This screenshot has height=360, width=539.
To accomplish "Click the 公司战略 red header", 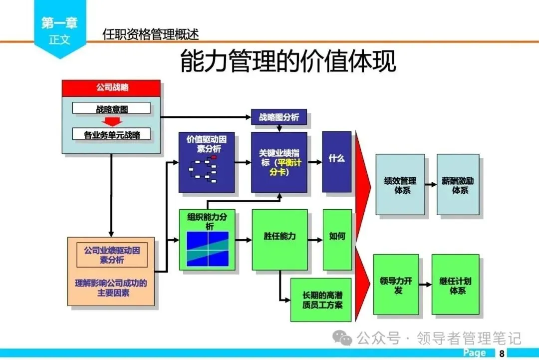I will click(x=111, y=87).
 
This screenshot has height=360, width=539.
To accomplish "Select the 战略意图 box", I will click(x=111, y=108).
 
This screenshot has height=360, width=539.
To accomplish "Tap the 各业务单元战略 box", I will click(x=111, y=134).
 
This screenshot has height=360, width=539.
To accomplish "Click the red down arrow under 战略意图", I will click(x=111, y=121).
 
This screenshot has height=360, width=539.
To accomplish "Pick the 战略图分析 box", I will click(x=279, y=117).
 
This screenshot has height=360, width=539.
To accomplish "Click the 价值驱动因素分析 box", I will click(x=207, y=162).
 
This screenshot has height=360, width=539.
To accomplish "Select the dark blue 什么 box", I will click(x=337, y=161).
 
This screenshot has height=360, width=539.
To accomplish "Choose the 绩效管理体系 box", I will click(x=400, y=185).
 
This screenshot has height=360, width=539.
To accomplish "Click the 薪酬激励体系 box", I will click(x=458, y=185).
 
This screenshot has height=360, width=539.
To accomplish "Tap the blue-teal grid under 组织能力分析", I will click(x=207, y=249).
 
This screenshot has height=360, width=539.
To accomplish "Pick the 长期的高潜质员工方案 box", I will click(x=321, y=300).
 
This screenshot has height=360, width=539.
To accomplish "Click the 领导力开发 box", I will click(x=396, y=285).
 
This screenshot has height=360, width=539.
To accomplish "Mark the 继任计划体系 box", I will click(x=455, y=285).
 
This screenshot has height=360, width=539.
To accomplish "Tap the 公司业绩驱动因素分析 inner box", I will click(x=112, y=255).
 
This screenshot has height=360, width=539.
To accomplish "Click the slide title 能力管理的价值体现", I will click(x=288, y=62).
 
